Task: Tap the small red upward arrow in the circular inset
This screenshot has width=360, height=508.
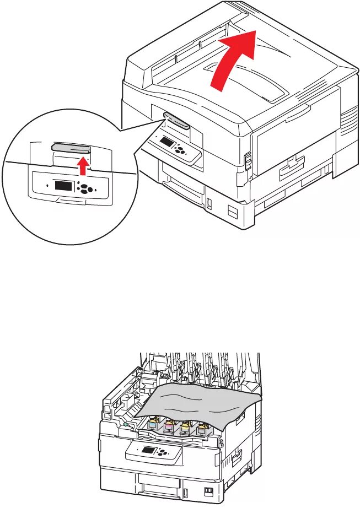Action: coord(82,164)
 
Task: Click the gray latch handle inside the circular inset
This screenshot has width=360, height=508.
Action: coord(71,147)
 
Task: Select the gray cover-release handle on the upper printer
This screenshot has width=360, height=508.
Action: coord(177,121)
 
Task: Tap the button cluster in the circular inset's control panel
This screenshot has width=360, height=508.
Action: coord(85,188)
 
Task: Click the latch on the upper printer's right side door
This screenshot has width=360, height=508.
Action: coord(248,160)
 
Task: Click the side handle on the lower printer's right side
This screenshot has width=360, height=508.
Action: coord(238,456)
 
